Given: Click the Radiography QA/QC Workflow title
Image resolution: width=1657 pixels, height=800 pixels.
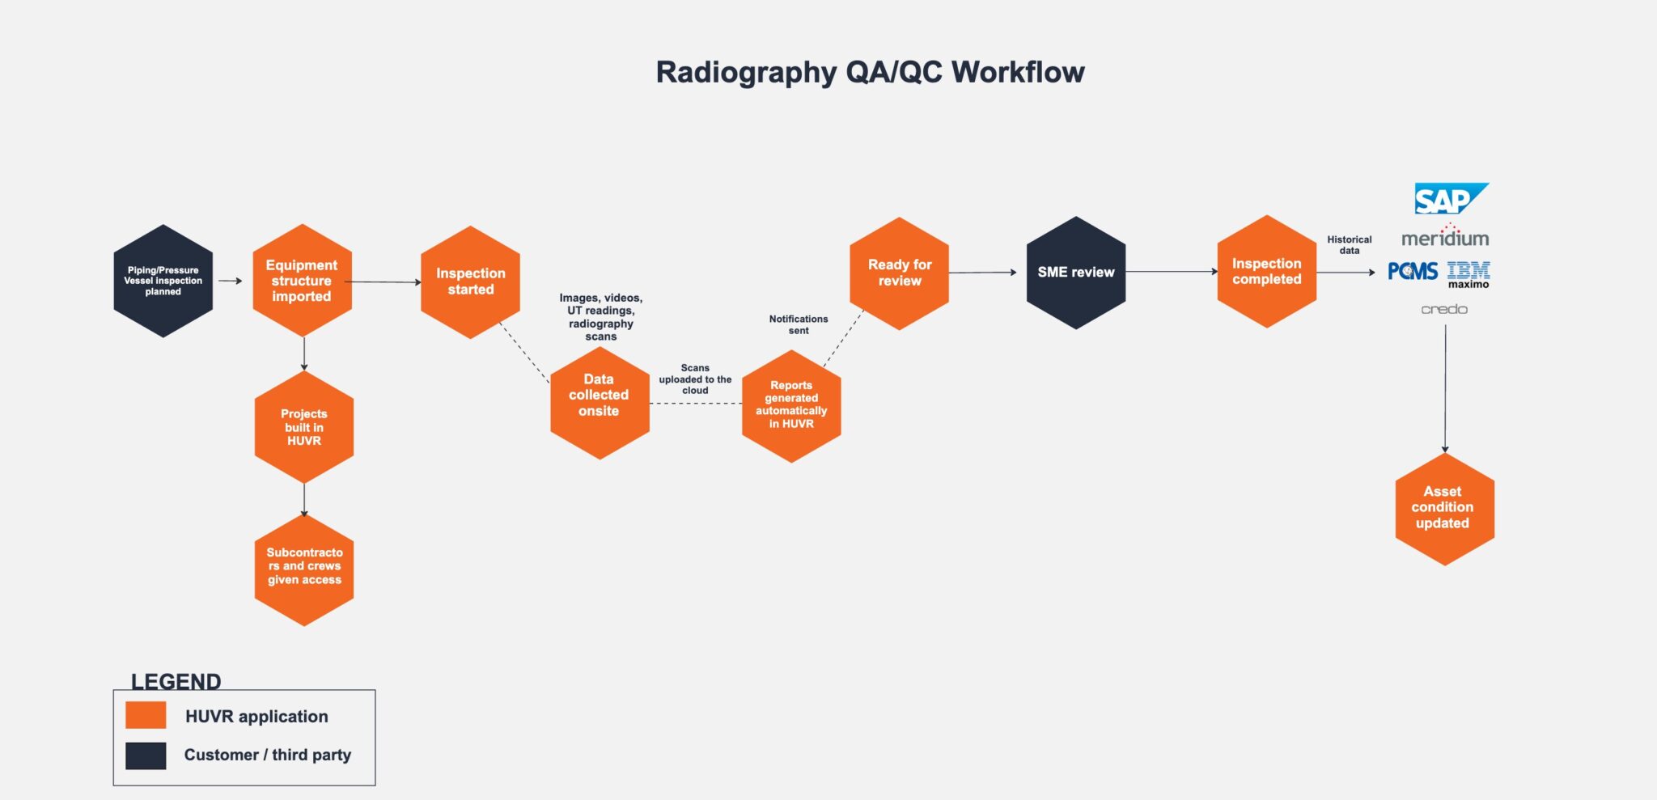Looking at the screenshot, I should coord(870,72).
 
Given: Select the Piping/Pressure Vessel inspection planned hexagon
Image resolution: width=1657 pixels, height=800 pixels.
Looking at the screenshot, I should coord(163,281).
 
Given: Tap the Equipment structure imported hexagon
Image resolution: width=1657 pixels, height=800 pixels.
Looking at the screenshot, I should coord(302,281).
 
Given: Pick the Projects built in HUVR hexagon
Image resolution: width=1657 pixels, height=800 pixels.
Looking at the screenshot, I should coord(304,427).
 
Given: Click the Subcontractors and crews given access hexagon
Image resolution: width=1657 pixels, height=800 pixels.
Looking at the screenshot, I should coord(304,567).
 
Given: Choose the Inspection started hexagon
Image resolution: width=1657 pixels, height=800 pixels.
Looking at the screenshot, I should coord(470,281).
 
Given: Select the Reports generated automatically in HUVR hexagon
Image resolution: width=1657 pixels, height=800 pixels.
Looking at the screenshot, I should coord(791,405).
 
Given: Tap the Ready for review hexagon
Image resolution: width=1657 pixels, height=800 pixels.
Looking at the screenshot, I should coord(899,273).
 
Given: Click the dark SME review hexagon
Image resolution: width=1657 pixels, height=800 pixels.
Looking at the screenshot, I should coord(1075,273).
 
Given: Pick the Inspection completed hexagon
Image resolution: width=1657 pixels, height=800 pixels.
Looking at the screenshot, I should coord(1266,272).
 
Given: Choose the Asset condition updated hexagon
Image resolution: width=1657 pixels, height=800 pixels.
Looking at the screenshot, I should coord(1444,508).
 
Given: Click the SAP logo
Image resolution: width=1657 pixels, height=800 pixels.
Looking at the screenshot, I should coord(1450,199).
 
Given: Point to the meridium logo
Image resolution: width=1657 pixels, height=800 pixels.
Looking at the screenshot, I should coord(1445,237).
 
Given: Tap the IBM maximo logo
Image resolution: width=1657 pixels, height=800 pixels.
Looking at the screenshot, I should coord(1468,274).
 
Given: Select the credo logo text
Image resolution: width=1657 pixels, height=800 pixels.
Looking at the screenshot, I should coord(1444,309).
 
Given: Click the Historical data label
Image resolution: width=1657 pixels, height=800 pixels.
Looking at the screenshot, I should coord(1349,245).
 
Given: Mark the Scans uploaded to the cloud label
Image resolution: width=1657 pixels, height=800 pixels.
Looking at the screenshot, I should coord(695,379).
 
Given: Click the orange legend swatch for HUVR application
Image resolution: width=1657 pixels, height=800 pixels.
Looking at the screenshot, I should coord(146,715).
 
